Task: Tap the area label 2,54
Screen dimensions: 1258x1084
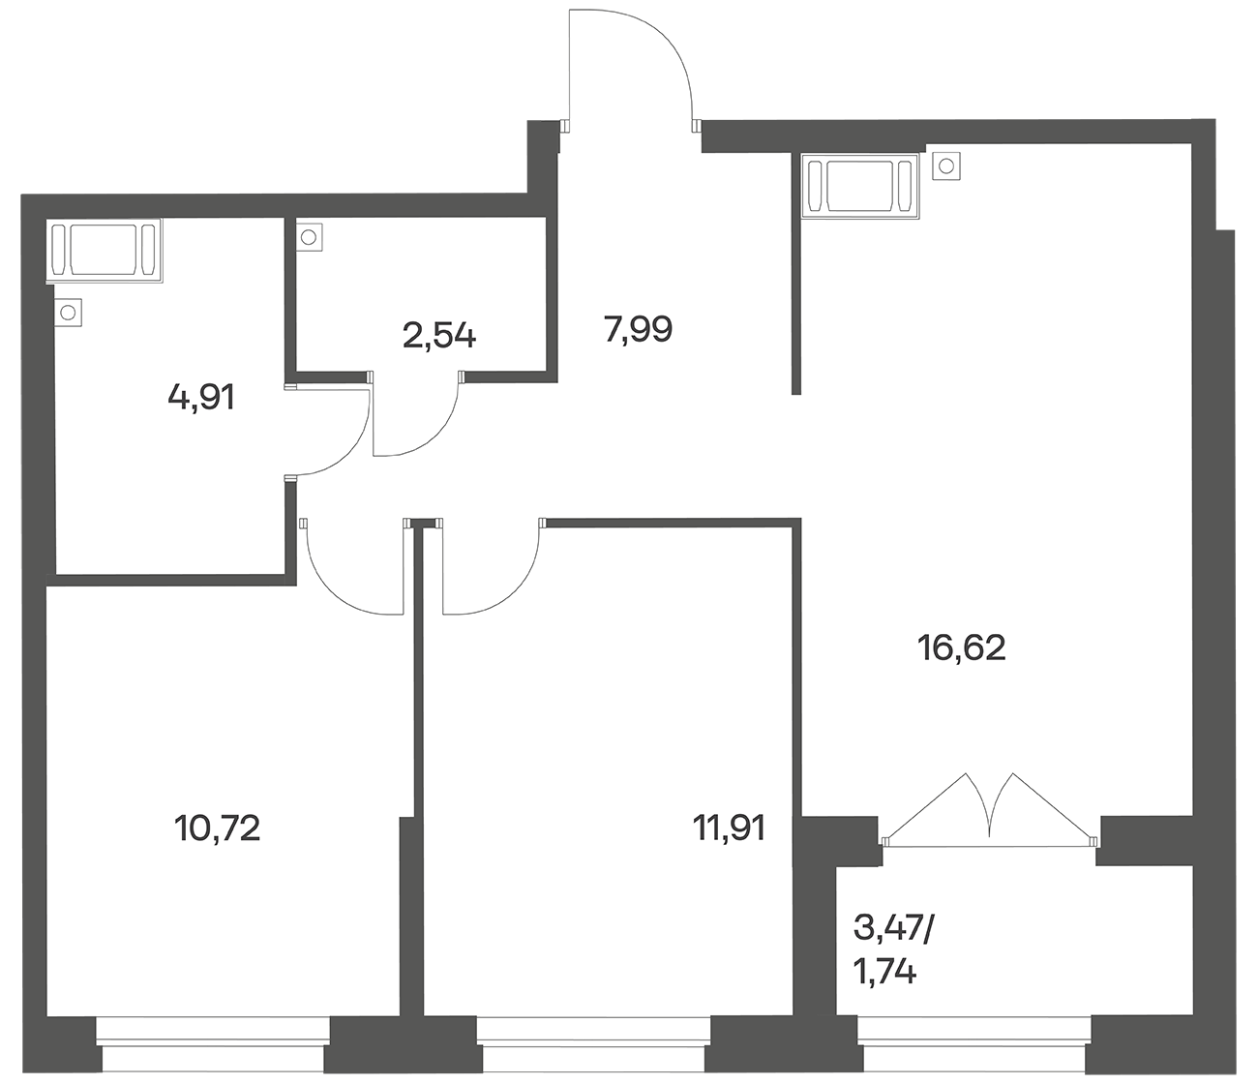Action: click(x=438, y=336)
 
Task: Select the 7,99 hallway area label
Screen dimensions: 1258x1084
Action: click(x=638, y=329)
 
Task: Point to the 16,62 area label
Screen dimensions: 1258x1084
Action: click(x=961, y=647)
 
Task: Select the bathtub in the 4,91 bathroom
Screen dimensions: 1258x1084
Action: click(x=105, y=250)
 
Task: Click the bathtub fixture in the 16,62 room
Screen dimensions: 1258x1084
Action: click(x=860, y=185)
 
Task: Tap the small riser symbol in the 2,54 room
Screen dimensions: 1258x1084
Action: click(x=309, y=237)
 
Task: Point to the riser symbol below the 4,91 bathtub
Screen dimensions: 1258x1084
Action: click(x=68, y=313)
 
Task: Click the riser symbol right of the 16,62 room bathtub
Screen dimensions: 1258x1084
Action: click(x=945, y=166)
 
